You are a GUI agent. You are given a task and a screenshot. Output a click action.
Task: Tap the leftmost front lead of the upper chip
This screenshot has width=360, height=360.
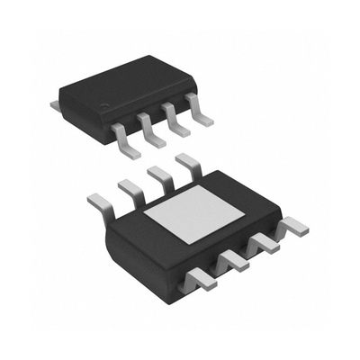[121, 135]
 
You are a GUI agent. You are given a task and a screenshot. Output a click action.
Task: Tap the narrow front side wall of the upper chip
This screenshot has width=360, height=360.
[135, 113]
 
